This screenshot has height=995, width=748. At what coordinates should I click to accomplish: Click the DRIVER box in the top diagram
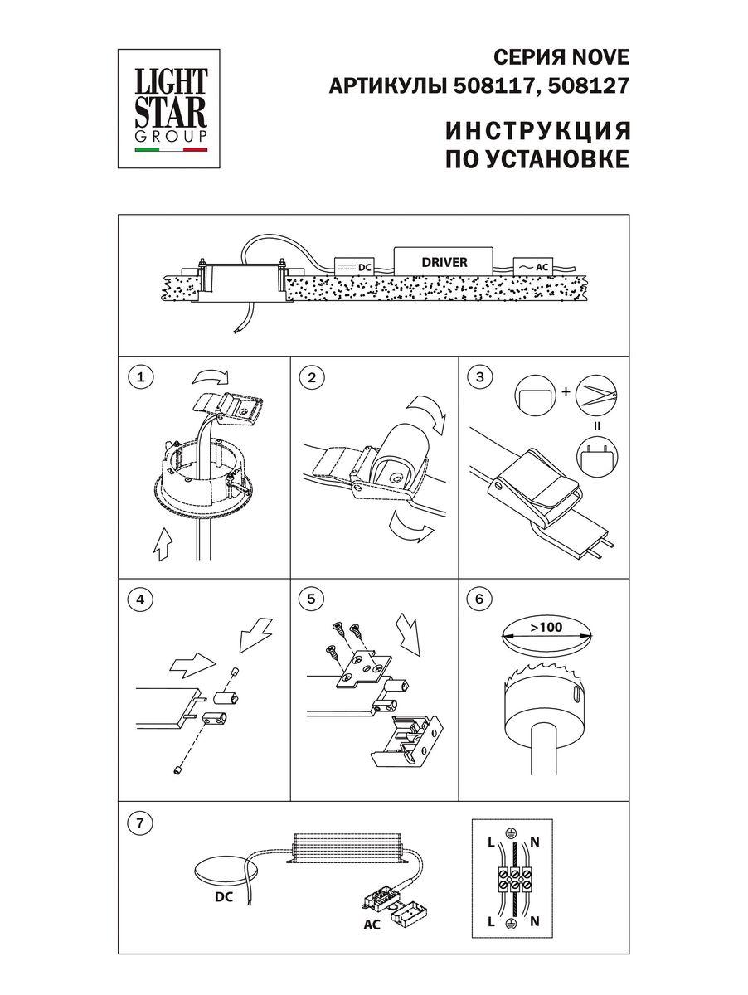coord(444,262)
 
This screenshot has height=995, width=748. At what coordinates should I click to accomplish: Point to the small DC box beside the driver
coord(353,267)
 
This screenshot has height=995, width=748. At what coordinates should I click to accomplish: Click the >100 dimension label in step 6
coord(547,628)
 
